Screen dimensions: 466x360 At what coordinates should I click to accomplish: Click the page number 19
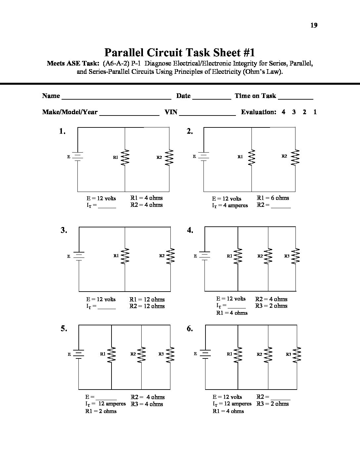click(x=314, y=25)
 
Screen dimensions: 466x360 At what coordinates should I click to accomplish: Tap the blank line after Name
click(x=116, y=98)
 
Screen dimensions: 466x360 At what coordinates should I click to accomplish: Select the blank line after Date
click(x=211, y=98)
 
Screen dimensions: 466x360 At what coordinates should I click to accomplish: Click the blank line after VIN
click(x=207, y=114)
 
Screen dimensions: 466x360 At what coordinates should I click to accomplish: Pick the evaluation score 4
click(x=284, y=112)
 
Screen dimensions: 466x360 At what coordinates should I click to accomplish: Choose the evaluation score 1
click(x=315, y=112)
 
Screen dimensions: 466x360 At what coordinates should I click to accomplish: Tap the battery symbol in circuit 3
click(x=79, y=256)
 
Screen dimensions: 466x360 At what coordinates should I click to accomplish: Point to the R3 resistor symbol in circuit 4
click(x=296, y=256)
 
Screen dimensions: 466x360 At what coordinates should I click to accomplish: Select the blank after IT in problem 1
click(x=107, y=207)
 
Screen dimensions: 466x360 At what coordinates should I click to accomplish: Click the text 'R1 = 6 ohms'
click(x=273, y=198)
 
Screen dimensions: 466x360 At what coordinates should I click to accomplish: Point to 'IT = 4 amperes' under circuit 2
click(x=230, y=206)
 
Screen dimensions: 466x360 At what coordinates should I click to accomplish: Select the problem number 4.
click(x=190, y=230)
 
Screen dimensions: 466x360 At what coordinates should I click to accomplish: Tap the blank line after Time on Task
click(x=295, y=98)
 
